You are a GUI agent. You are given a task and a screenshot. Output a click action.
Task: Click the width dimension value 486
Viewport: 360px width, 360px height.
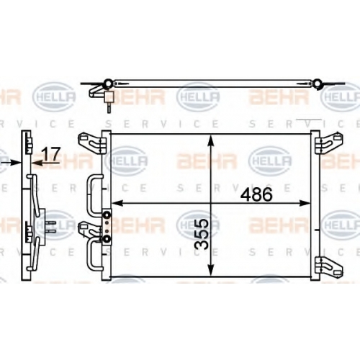point(256,194)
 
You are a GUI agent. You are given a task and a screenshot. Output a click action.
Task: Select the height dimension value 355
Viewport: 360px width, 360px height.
point(201,234)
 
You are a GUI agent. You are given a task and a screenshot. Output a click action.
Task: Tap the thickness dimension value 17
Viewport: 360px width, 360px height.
point(50,154)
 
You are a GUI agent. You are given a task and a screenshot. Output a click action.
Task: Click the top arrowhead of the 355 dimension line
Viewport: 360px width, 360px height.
point(210,140)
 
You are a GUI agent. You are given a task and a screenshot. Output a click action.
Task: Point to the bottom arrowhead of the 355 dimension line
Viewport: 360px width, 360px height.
point(210,269)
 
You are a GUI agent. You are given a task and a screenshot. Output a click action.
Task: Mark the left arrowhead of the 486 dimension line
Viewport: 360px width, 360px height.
point(117,203)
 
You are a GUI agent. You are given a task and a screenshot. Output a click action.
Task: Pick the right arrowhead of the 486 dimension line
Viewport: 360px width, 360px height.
point(305,203)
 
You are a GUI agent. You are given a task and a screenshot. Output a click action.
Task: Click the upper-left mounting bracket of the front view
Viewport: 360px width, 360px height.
point(91,143)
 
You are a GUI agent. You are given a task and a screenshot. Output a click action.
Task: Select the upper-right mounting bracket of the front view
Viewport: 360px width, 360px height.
point(329,143)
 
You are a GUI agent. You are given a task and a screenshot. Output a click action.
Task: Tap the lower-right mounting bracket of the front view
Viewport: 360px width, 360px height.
point(329,267)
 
